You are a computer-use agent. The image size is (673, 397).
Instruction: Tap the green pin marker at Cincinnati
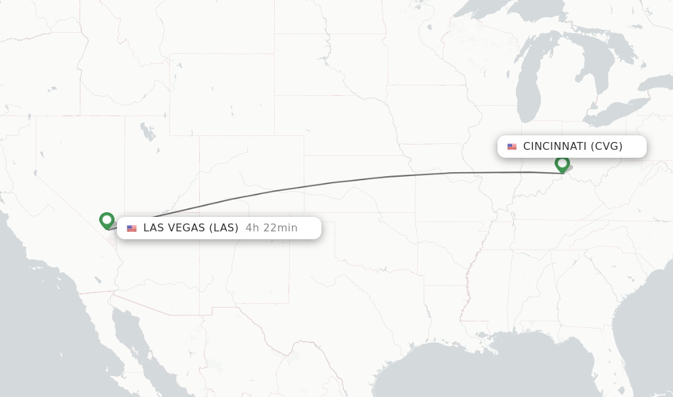[x=562, y=163]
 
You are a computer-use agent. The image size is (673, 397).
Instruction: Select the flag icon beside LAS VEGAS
[x=132, y=229]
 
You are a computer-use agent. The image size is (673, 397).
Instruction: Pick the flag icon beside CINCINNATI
[x=512, y=147]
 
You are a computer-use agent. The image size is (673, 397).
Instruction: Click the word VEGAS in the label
[x=189, y=228]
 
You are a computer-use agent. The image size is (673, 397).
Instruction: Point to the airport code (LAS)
[x=224, y=228]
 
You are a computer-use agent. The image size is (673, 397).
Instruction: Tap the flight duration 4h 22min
[x=271, y=228]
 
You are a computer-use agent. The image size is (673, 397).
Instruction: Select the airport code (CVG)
[x=607, y=146]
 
